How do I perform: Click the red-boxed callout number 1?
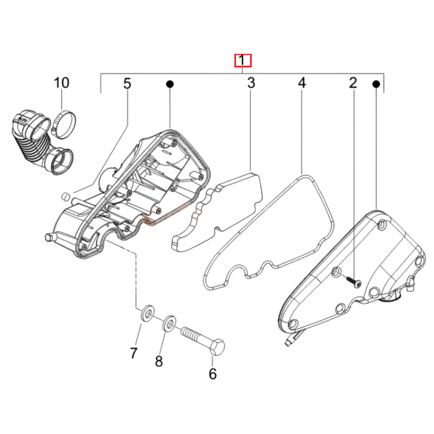coord(242,60)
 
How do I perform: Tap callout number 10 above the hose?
coord(61,83)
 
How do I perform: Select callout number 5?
coord(127,83)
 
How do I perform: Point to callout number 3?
coord(251,83)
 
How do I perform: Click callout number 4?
coord(301,83)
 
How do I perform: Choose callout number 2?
coord(353,83)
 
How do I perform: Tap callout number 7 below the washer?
coord(134,353)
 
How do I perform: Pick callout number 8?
coord(159,361)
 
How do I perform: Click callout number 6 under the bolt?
coord(212,374)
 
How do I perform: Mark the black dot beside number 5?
coord(170,84)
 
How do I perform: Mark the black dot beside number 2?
coord(376,84)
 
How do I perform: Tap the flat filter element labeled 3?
coord(218,212)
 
